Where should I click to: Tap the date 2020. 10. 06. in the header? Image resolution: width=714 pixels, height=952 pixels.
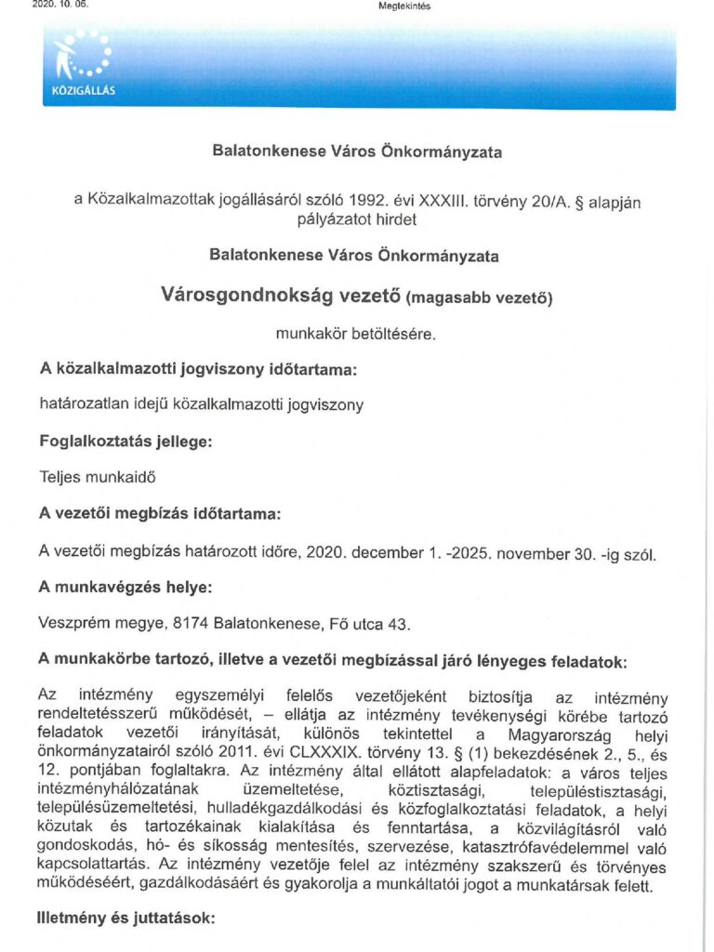[x=58, y=6]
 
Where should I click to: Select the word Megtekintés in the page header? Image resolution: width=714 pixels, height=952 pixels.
[x=404, y=6]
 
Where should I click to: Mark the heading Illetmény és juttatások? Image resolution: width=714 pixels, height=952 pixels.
[x=126, y=919]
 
